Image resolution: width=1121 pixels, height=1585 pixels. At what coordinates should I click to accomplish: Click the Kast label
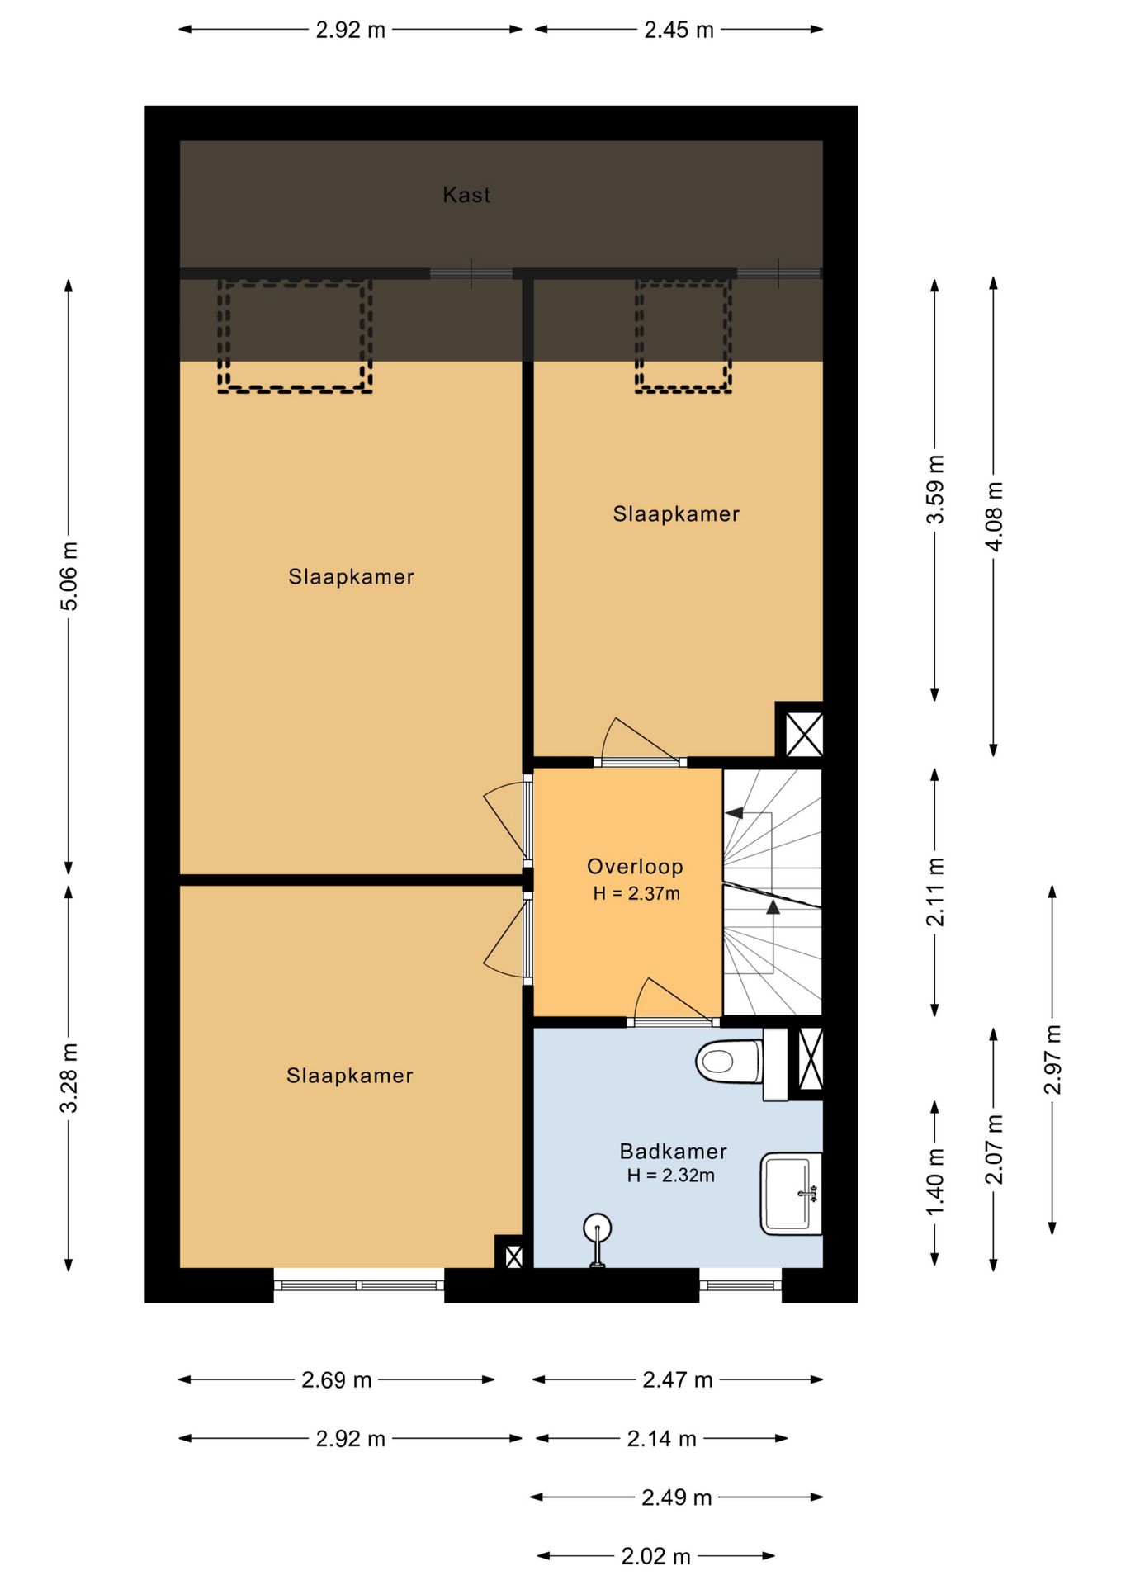click(x=466, y=195)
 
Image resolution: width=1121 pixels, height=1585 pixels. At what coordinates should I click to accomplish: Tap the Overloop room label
click(x=635, y=866)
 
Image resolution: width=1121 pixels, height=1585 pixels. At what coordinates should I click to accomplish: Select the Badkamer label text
click(x=673, y=1151)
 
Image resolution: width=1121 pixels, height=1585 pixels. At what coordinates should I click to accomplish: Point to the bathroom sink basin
click(x=791, y=1194)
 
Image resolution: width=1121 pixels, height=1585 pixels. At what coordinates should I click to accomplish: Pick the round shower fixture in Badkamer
click(x=596, y=1238)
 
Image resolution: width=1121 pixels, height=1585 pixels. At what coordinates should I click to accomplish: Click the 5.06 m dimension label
click(x=69, y=576)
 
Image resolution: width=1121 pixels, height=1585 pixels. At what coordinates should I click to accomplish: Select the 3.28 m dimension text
click(x=69, y=1077)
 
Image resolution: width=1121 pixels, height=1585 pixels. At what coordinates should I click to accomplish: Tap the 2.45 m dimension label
click(x=679, y=30)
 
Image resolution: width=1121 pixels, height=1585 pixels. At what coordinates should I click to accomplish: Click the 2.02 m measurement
click(x=655, y=1556)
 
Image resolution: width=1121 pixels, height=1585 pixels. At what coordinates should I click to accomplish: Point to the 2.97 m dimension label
click(x=1052, y=1059)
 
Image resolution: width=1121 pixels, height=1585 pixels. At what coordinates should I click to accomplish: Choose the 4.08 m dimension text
click(x=994, y=517)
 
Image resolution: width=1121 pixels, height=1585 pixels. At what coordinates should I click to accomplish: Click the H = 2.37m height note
click(x=636, y=893)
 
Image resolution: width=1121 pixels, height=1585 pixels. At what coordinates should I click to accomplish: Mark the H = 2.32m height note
click(x=670, y=1176)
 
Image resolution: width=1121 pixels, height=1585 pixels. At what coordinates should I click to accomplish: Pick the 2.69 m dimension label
click(x=336, y=1379)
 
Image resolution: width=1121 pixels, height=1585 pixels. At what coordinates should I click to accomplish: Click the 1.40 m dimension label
click(x=935, y=1182)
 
